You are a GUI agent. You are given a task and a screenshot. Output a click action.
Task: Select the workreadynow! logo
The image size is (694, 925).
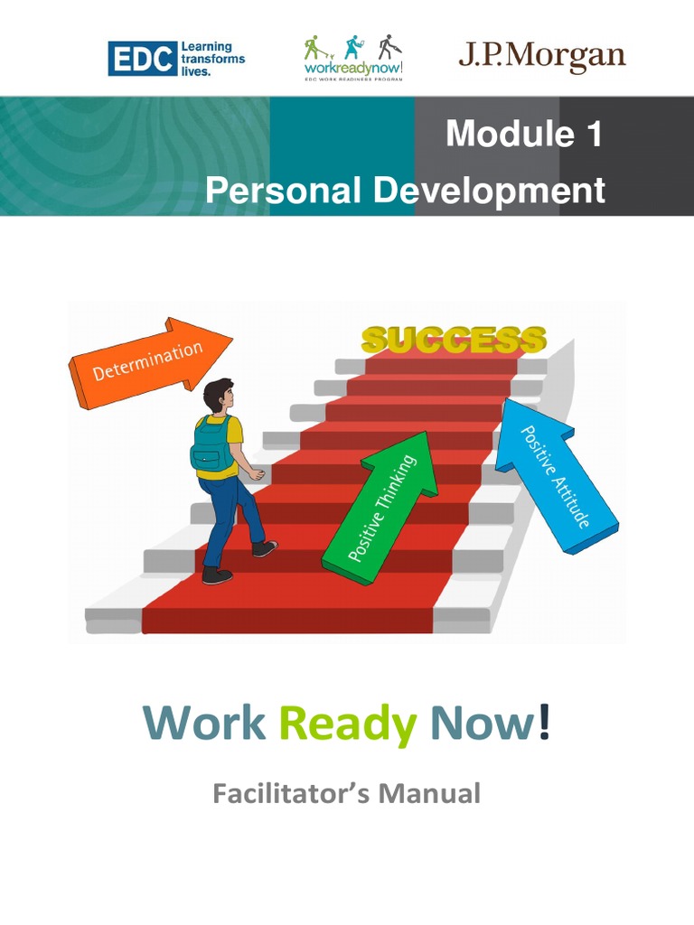tap(352, 59)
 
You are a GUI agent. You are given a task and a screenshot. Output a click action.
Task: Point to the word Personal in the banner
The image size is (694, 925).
tap(283, 191)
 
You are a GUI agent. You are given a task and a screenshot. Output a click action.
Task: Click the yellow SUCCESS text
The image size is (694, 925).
tap(454, 340)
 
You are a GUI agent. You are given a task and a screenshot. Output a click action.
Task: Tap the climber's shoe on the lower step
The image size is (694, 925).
tap(217, 575)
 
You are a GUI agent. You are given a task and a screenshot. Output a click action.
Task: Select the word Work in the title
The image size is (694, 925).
tap(204, 724)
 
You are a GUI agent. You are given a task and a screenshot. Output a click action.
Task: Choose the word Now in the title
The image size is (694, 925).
tap(479, 724)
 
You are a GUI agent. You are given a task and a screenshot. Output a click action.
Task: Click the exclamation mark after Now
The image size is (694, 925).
tap(543, 724)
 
